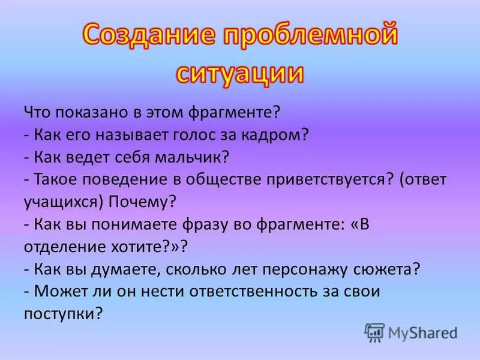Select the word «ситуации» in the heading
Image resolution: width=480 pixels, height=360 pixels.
(x=239, y=73)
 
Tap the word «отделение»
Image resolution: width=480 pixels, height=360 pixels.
(x=64, y=247)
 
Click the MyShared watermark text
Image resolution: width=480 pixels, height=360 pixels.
(x=422, y=332)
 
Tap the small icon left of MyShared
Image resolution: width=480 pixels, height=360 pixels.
(x=375, y=332)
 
